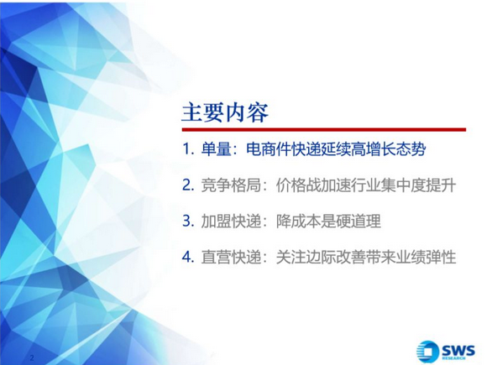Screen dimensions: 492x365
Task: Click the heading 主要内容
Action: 225,112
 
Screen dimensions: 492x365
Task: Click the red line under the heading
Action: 324,129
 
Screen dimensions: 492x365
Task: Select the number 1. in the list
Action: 188,149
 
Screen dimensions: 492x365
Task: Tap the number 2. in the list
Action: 188,185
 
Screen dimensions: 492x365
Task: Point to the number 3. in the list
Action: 188,221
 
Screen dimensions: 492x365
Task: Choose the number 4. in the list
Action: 188,257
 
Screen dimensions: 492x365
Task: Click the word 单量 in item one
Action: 216,149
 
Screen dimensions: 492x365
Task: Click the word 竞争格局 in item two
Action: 231,185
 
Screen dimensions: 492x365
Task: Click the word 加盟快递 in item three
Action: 231,221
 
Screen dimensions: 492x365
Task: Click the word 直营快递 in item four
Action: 231,257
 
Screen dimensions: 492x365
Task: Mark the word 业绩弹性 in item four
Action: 426,257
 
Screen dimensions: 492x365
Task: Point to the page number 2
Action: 32,357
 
